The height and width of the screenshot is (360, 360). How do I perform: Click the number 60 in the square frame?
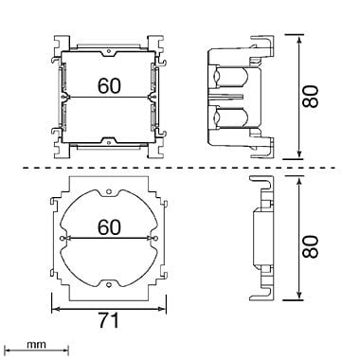pyautogui.click(x=109, y=85)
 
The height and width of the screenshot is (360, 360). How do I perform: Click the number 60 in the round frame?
pyautogui.click(x=109, y=227)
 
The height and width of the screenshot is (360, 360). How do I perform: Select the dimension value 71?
pyautogui.click(x=109, y=320)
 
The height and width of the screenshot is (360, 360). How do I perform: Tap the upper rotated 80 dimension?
pyautogui.click(x=310, y=97)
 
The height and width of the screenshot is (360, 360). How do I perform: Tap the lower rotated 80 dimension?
pyautogui.click(x=310, y=246)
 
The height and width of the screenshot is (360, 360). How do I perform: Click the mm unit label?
pyautogui.click(x=36, y=344)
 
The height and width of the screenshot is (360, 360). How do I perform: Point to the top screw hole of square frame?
pyautogui.click(x=109, y=50)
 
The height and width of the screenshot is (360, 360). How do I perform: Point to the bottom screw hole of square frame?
pyautogui.click(x=109, y=143)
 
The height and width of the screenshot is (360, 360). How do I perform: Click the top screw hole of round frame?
pyautogui.click(x=109, y=191)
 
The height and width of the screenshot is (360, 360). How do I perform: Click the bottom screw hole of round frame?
pyautogui.click(x=109, y=285)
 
